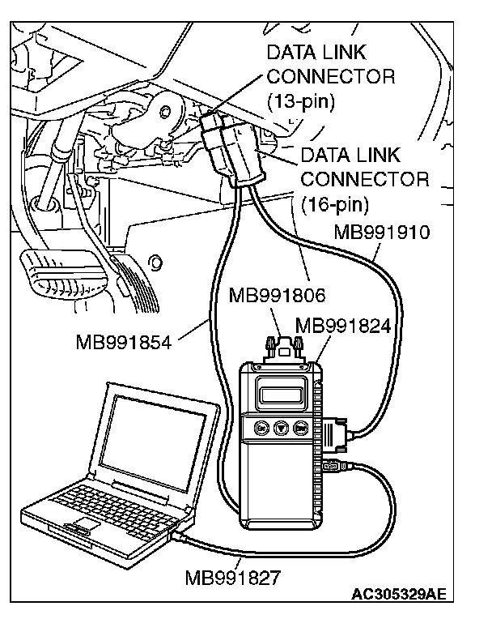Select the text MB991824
[343, 326]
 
